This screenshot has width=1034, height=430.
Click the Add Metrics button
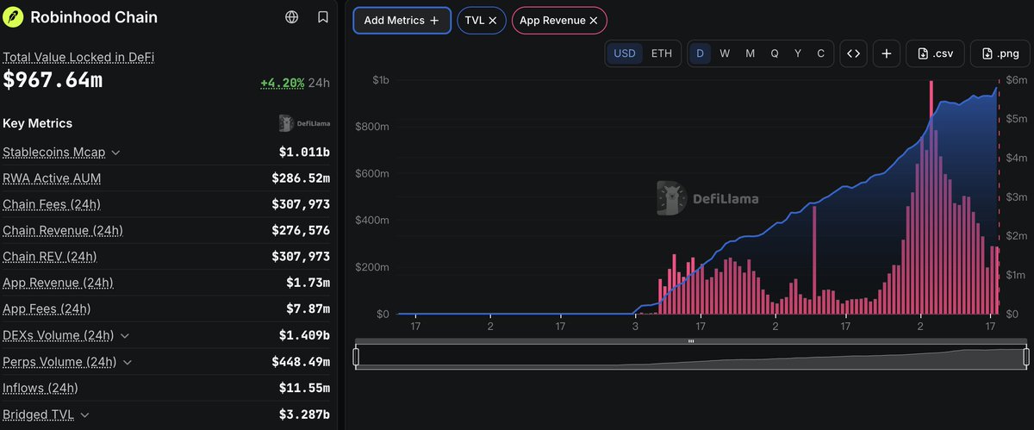point(402,21)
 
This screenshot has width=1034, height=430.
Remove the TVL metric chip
point(493,21)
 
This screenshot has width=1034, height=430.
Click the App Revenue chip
point(559,21)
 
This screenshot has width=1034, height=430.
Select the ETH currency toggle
point(662,53)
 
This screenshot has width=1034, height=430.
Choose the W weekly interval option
point(725,53)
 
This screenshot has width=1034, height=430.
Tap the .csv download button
point(935,53)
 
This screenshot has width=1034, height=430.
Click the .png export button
point(1000,53)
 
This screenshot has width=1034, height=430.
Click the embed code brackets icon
point(853,53)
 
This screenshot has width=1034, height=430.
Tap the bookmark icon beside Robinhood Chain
point(323,17)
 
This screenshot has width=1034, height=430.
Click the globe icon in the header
point(292,17)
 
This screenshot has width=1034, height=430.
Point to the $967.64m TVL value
point(53,80)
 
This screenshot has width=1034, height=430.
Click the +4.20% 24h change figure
point(283,83)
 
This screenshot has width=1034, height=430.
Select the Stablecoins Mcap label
point(54,152)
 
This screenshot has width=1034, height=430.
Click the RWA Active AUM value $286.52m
point(301,178)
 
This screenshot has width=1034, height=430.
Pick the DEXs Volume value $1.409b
point(304,335)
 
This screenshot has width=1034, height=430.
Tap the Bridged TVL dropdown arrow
point(84,414)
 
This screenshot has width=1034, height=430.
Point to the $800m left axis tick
point(372,127)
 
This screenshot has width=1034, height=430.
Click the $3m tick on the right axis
point(1017,197)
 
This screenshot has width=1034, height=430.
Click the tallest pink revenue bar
point(931,197)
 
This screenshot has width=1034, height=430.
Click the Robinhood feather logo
point(13,17)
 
